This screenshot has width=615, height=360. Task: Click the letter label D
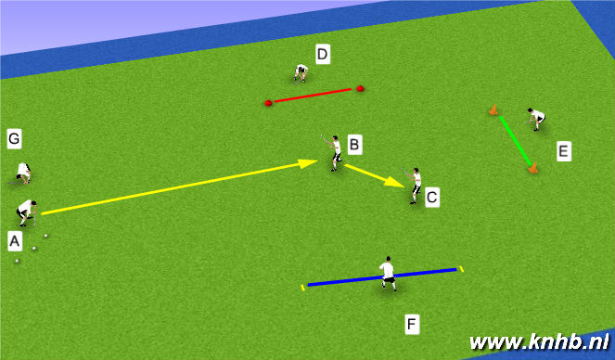(322, 55)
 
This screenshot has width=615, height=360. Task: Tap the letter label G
(14, 139)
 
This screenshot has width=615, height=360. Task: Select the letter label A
(14, 241)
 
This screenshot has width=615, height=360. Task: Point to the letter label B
(354, 145)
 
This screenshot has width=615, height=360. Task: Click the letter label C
(431, 197)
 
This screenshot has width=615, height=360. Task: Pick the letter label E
(563, 150)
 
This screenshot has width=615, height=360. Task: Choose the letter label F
(412, 324)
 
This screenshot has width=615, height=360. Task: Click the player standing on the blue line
(387, 272)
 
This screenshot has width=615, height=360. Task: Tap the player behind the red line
(301, 72)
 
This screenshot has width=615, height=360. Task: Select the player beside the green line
(535, 118)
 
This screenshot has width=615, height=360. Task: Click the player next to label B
(334, 152)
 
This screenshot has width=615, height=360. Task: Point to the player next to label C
(415, 184)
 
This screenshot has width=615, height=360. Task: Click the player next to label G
(23, 173)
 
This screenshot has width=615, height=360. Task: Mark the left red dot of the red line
(268, 103)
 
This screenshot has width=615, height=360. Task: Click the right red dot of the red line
(360, 89)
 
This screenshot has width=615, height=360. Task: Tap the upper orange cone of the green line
(493, 110)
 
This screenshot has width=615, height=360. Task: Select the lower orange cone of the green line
(532, 168)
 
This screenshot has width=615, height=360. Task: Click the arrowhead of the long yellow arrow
(310, 163)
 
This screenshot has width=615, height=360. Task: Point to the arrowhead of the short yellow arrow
(400, 184)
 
